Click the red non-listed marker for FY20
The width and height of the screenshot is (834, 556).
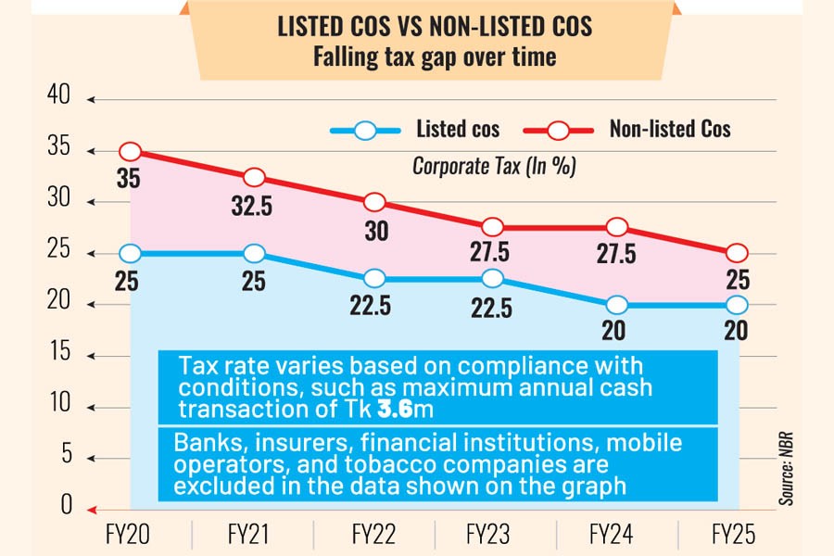131,152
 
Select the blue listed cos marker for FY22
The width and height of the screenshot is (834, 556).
375,279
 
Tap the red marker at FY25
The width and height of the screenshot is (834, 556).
736,253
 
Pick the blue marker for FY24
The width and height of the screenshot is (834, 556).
616,305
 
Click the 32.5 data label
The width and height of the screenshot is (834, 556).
251,206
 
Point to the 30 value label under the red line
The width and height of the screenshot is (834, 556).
376,232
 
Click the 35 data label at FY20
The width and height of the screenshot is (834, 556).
128,180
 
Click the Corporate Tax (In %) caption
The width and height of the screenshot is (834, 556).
494,167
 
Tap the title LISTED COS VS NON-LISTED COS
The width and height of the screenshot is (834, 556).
435,26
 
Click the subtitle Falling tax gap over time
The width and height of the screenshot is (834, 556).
435,57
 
